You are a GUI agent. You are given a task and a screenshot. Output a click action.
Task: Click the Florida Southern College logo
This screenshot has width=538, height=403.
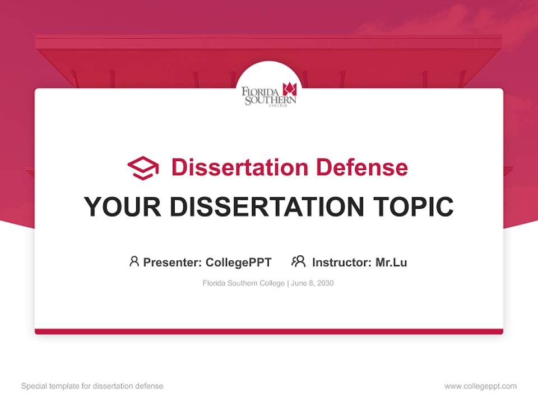tap(269, 95)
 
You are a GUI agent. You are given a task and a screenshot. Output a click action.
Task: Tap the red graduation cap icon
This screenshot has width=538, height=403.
tap(143, 168)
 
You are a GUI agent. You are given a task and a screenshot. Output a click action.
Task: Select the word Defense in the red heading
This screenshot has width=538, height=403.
tap(361, 167)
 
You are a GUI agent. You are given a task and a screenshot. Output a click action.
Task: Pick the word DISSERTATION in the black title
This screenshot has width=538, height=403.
tap(266, 207)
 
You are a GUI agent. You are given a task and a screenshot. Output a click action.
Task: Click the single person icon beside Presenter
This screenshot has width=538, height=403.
tap(134, 261)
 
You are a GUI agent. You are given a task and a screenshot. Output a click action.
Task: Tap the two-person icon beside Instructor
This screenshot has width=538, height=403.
tap(298, 261)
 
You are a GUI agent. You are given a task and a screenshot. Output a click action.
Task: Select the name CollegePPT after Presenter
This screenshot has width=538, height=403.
tap(239, 263)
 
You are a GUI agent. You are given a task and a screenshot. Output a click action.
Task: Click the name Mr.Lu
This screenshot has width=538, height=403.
tap(391, 263)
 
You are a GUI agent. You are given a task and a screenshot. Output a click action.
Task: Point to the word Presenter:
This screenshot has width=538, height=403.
tap(173, 263)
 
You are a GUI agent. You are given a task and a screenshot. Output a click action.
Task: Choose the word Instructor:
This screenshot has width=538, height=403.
tap(342, 263)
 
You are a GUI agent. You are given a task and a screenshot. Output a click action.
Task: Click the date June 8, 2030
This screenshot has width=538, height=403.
tap(312, 283)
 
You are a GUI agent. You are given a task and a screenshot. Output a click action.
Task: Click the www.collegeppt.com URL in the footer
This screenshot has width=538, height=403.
tap(480, 386)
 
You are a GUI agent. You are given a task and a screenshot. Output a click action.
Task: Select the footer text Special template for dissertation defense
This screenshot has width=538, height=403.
tap(92, 386)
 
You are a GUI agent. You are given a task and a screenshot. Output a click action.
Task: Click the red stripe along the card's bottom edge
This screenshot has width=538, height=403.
tap(269, 331)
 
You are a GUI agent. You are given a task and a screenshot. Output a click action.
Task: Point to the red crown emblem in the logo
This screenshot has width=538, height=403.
tap(289, 88)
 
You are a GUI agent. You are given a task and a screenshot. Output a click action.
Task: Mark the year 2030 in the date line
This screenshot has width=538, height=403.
tap(325, 283)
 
